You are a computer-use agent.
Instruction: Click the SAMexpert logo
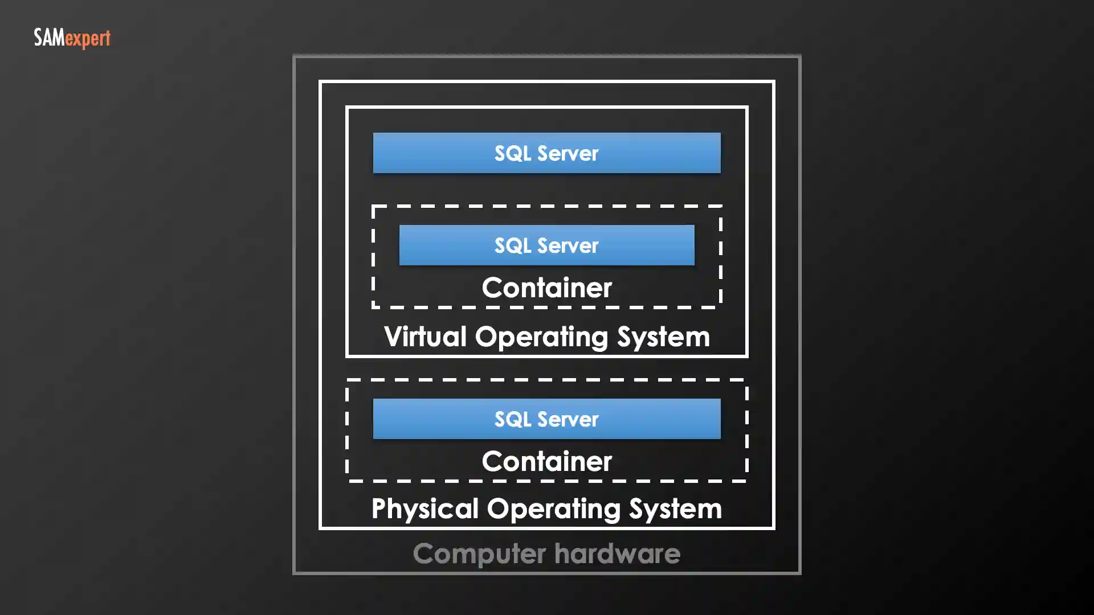coord(72,38)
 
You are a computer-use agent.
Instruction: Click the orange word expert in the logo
coord(87,39)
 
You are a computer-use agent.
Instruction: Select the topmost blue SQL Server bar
coord(546,153)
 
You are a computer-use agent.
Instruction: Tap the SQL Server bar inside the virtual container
coord(546,245)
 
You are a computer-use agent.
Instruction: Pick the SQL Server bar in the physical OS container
coord(546,419)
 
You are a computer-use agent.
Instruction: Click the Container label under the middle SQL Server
coord(546,287)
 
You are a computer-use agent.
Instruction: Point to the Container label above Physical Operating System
coord(546,461)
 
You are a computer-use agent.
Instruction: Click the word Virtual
coord(425,336)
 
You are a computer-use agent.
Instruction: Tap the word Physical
coord(424,508)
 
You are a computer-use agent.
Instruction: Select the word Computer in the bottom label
coord(479,553)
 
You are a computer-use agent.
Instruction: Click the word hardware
coord(617,553)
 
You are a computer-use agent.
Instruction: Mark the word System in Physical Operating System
coord(675,508)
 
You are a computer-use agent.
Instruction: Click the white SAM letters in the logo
coord(49,38)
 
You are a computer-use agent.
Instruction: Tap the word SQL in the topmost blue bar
coord(512,153)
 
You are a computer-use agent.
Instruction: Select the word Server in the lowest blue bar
coord(568,419)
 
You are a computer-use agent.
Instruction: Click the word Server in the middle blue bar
coord(568,245)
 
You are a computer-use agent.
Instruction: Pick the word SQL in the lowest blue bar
coord(512,419)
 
